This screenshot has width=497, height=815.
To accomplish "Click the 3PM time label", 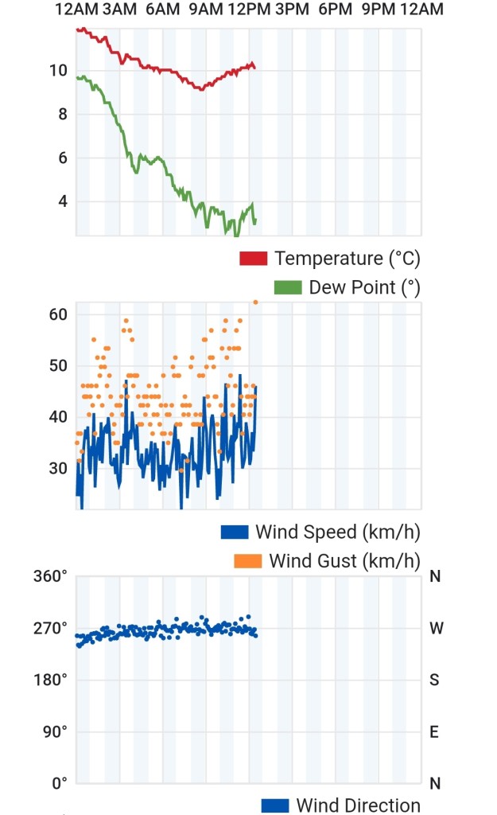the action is coord(292,9).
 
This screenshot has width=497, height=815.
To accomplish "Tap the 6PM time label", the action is coord(335,9).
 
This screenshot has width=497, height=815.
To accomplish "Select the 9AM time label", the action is coord(206,9).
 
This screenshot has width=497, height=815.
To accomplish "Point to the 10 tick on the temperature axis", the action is coord(59,70).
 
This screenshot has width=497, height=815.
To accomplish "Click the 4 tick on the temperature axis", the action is coord(63,201).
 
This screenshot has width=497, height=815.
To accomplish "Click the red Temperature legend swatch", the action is coord(254,259).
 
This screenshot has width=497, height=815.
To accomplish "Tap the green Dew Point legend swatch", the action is coord(288,287).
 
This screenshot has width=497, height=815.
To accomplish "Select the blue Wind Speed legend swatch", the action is coord(235,532).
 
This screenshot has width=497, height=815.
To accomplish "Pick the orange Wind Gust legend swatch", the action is coord(248,561).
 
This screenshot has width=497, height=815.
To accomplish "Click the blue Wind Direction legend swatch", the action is coord(275,805).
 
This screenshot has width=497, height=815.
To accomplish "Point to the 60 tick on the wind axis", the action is coord(58,314).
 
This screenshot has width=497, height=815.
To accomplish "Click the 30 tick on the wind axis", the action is coord(58,468).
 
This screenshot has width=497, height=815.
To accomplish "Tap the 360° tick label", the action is coord(50,576).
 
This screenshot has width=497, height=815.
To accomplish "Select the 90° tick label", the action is coord(55,732).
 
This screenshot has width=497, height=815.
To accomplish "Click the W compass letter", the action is coord(437,628).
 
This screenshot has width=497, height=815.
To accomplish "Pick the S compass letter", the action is coord(435,680).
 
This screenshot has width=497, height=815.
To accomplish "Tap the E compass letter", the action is coord(434,732).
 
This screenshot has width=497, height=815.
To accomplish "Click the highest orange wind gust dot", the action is coord(255,302).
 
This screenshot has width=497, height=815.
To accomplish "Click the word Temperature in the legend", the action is coord(328,259).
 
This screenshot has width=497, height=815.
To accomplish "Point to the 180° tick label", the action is coord(50,680).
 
